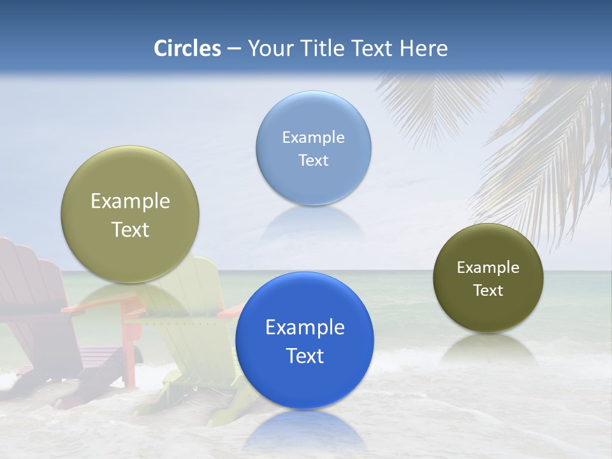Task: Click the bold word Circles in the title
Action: click(x=187, y=48)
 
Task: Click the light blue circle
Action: click(x=313, y=148)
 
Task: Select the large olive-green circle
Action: click(x=130, y=214)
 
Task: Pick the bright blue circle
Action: click(x=304, y=340)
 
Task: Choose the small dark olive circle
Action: click(x=488, y=278)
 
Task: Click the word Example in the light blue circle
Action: click(x=313, y=137)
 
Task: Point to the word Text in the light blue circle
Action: click(x=313, y=160)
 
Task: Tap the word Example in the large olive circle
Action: click(x=130, y=201)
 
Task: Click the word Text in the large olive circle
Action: click(x=130, y=229)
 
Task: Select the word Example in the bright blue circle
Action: click(x=305, y=327)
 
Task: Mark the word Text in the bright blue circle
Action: click(x=305, y=356)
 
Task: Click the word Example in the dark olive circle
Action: click(x=488, y=267)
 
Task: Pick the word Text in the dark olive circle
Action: click(x=488, y=290)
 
